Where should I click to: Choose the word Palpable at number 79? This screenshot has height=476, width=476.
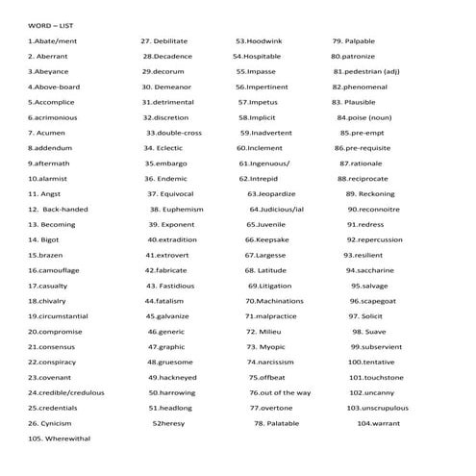(x=353, y=41)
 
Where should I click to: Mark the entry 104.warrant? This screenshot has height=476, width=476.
(x=378, y=422)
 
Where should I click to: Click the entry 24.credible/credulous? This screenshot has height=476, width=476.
(x=66, y=392)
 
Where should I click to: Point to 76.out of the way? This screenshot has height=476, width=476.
(x=280, y=392)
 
